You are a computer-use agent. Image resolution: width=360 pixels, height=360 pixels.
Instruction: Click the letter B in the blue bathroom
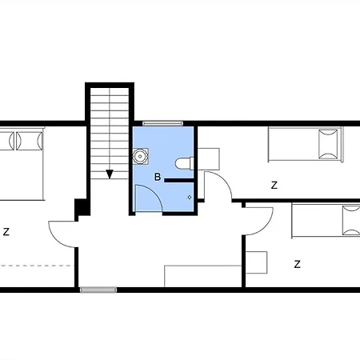(158, 177)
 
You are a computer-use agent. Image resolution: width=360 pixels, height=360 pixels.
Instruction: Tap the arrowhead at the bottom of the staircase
(110, 174)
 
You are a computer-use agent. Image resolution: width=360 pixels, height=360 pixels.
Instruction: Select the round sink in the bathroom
(140, 156)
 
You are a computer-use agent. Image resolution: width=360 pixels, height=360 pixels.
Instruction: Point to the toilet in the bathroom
(184, 163)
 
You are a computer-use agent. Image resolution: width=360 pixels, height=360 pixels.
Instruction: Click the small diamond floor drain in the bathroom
(190, 198)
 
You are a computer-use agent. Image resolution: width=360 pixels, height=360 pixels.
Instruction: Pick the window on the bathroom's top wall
(162, 123)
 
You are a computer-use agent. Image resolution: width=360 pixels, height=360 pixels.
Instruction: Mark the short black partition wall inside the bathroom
(178, 181)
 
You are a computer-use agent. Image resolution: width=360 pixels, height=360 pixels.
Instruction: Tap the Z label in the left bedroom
(6, 231)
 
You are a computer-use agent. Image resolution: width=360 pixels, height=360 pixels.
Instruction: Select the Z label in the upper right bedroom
(274, 185)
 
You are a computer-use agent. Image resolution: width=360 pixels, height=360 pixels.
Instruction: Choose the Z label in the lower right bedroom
(297, 264)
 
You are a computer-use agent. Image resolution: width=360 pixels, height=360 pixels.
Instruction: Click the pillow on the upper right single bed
(328, 144)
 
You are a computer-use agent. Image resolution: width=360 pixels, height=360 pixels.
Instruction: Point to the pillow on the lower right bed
(351, 221)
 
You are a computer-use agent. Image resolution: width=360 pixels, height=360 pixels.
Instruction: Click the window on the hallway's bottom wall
(98, 290)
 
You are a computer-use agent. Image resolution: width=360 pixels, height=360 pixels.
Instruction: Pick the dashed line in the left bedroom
(36, 266)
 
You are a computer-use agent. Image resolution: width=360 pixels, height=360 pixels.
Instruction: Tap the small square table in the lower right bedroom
(256, 262)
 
